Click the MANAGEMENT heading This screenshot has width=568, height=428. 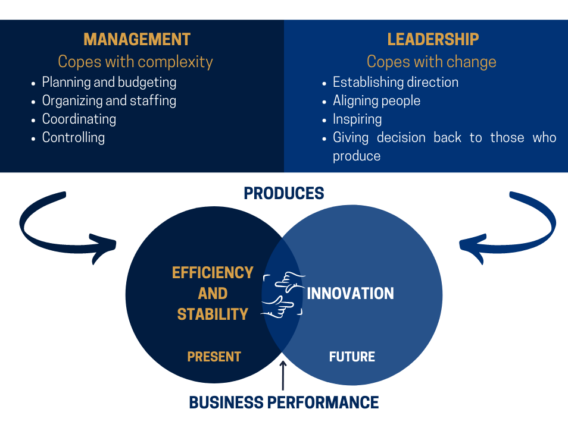pos(137,39)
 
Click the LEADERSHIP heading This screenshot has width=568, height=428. pos(433,39)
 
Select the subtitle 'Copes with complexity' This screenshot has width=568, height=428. pos(135,61)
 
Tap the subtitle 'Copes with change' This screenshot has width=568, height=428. pos(431,61)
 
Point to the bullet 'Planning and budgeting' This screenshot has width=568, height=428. pos(109,83)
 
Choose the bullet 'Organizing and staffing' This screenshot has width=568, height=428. pos(109,101)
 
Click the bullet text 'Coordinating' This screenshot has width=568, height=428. pos(79,119)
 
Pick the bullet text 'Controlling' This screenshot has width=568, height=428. pos(74,137)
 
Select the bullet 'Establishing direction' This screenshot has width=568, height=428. pos(395,83)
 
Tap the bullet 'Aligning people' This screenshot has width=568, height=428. pos(377,101)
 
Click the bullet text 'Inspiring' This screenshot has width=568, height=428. pos(357,119)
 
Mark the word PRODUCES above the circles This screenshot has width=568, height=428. pos(283,193)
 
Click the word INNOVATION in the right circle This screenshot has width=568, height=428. pos(350,294)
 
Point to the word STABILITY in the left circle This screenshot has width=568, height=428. pos(213,314)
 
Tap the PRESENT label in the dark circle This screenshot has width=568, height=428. pos(214,357)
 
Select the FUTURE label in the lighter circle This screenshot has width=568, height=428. pos(352,357)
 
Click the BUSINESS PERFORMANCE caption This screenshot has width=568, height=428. pos(283,402)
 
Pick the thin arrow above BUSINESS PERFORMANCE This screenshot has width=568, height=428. pos(283,376)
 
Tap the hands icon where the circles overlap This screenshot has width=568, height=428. pos(283,295)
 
